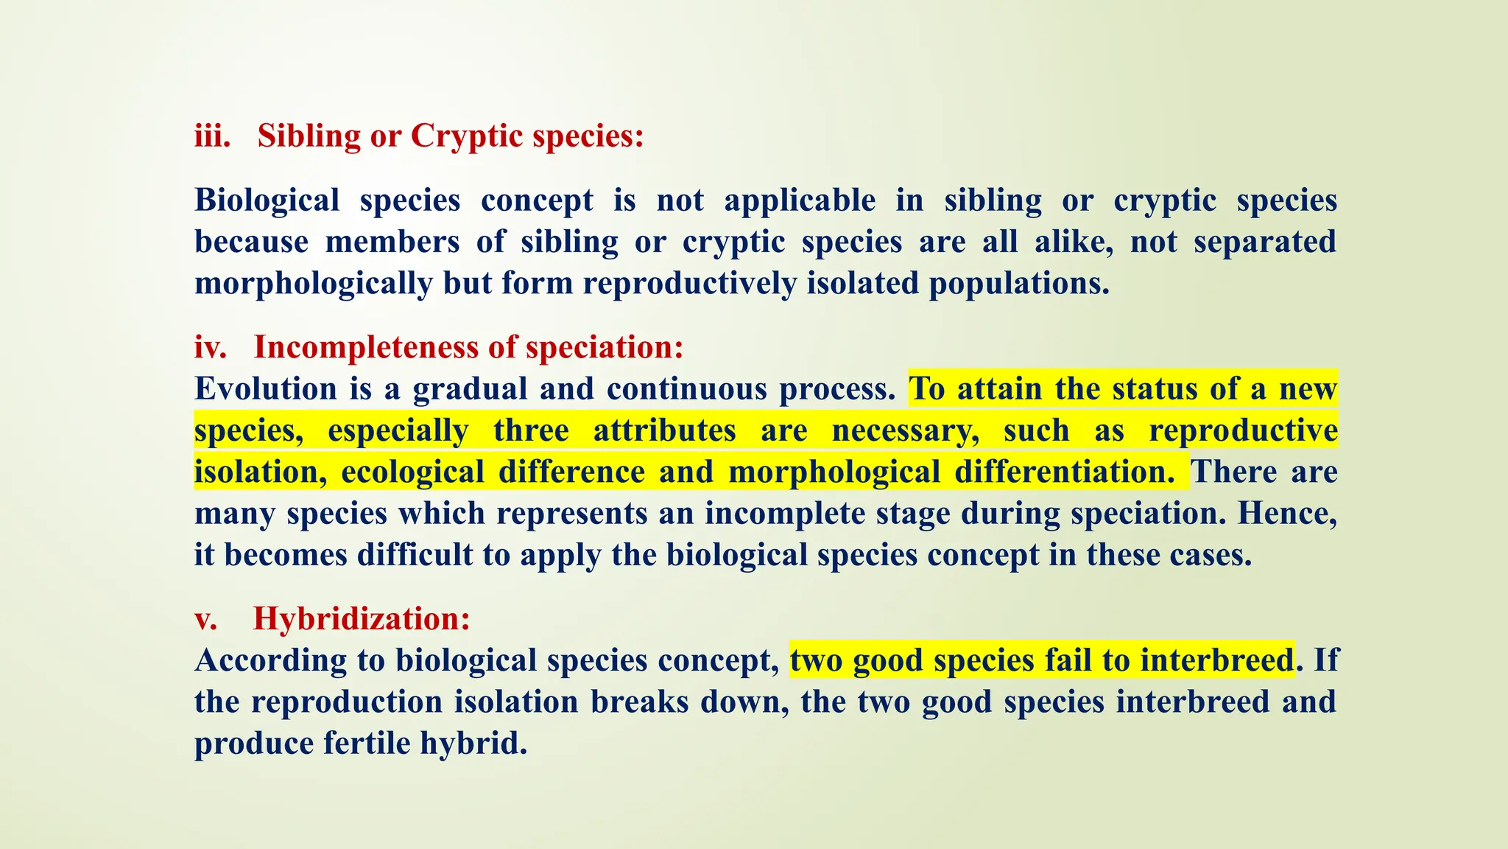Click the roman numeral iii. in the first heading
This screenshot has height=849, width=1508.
(212, 136)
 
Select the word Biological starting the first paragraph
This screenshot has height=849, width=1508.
(267, 200)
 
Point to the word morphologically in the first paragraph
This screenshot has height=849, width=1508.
(313, 284)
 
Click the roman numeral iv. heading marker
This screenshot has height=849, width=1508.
(211, 348)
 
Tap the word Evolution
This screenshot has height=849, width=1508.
(265, 389)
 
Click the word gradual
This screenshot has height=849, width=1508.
(470, 389)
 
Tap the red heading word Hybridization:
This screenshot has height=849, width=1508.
(362, 619)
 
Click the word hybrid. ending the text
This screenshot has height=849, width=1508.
(474, 744)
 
